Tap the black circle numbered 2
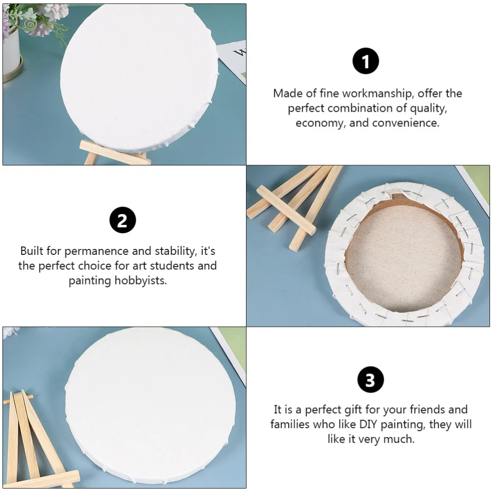click(x=123, y=220)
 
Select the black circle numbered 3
click(x=370, y=380)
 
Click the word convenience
click(x=405, y=123)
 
